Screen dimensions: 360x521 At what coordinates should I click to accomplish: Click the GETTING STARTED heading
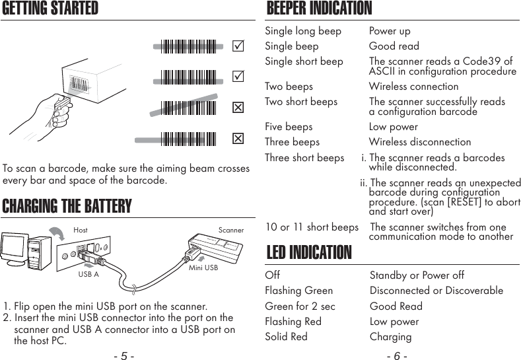coord(51,9)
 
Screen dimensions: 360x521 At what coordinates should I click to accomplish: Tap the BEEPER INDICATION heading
coord(319,9)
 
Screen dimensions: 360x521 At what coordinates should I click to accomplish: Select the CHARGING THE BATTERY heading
coord(67,206)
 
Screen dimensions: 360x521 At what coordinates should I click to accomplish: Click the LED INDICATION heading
coord(308,253)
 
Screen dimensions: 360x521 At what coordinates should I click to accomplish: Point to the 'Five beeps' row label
coord(289,127)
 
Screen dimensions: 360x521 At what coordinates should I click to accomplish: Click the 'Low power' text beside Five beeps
coord(393,127)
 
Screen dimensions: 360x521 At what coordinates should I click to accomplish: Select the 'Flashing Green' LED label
coord(298,291)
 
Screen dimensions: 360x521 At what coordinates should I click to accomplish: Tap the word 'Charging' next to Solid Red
coord(390,337)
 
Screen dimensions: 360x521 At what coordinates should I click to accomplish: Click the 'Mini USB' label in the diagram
coord(203,268)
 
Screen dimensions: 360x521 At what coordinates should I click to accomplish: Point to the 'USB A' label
coord(88,274)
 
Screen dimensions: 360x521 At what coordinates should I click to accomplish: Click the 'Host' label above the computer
coord(81,231)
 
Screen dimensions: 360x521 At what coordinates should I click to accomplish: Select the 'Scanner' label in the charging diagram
coord(231,231)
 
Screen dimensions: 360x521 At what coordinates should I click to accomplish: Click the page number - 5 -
coord(124,356)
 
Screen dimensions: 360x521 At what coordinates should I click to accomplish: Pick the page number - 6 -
coord(396,356)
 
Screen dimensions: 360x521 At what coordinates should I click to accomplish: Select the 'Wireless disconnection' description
coord(420,142)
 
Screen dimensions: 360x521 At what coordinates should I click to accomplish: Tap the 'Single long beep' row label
coord(303,31)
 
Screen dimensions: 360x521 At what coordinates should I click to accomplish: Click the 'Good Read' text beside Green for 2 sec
coord(396,306)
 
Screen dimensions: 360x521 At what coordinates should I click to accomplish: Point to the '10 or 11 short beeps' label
coord(312,228)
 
